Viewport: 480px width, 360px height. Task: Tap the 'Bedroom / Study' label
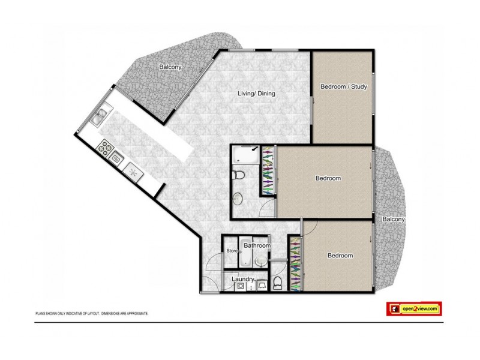343,87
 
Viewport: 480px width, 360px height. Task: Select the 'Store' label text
232,251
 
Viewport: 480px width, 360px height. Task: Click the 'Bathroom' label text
257,246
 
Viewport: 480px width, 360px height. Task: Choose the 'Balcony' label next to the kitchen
170,67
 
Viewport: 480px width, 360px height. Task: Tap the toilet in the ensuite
238,175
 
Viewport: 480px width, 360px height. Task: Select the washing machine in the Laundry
241,287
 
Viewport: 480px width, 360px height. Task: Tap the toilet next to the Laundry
277,283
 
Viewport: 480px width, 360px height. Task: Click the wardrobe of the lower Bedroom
295,263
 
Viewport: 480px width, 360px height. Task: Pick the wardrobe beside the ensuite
268,172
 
